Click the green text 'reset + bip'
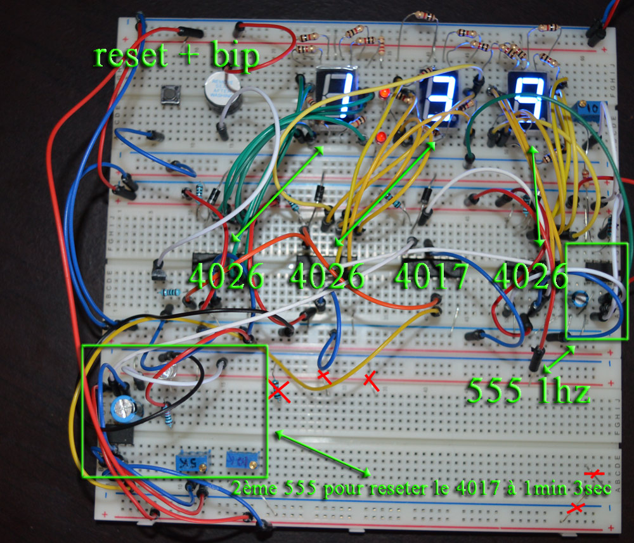[177, 56]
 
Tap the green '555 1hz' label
[529, 390]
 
